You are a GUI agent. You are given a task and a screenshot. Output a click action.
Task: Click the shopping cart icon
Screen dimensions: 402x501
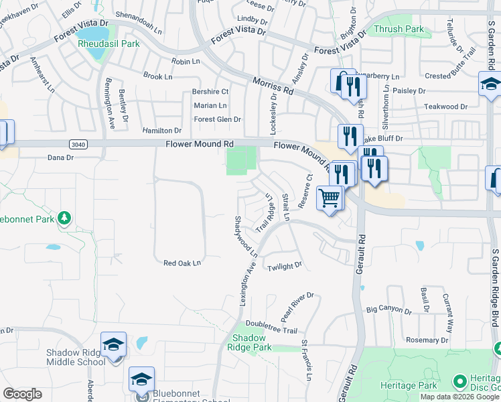(x=330, y=198)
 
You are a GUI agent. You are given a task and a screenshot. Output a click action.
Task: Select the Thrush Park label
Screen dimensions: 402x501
(x=399, y=29)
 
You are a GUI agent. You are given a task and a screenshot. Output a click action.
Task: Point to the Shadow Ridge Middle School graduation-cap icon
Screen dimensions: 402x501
(x=114, y=344)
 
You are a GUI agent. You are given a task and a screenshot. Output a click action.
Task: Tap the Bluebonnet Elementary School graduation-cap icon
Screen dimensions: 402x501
(x=142, y=379)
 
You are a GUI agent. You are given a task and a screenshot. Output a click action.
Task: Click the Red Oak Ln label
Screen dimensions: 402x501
(x=182, y=263)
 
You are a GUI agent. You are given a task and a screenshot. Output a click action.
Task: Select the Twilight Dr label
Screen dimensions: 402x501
(x=285, y=267)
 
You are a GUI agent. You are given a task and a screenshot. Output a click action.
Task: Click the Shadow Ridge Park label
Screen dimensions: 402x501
(x=249, y=342)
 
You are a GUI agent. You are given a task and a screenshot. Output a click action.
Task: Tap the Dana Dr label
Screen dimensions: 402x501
(x=60, y=158)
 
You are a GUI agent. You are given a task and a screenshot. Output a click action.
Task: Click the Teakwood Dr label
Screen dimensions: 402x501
(x=445, y=107)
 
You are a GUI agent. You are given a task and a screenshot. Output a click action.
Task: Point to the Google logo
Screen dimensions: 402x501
(x=22, y=394)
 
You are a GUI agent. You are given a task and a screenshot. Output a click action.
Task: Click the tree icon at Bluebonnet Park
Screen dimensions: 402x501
(x=64, y=217)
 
